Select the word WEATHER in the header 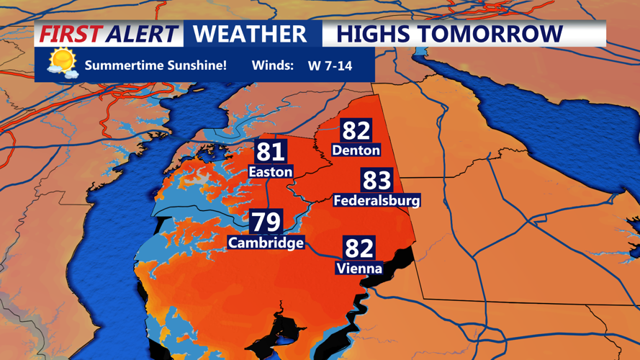coord(250,34)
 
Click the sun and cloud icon coord(63,63)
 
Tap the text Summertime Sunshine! coord(156,66)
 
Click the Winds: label coord(272,66)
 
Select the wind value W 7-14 coord(330,66)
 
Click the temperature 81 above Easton coord(271,152)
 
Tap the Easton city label coord(270,171)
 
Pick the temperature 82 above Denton coord(356,130)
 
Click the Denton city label coord(356,150)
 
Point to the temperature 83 coord(377,180)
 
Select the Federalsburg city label coord(377,199)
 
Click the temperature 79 coord(266,222)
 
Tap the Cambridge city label coord(266,243)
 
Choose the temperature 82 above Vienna coord(359,248)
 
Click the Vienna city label coord(359,269)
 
